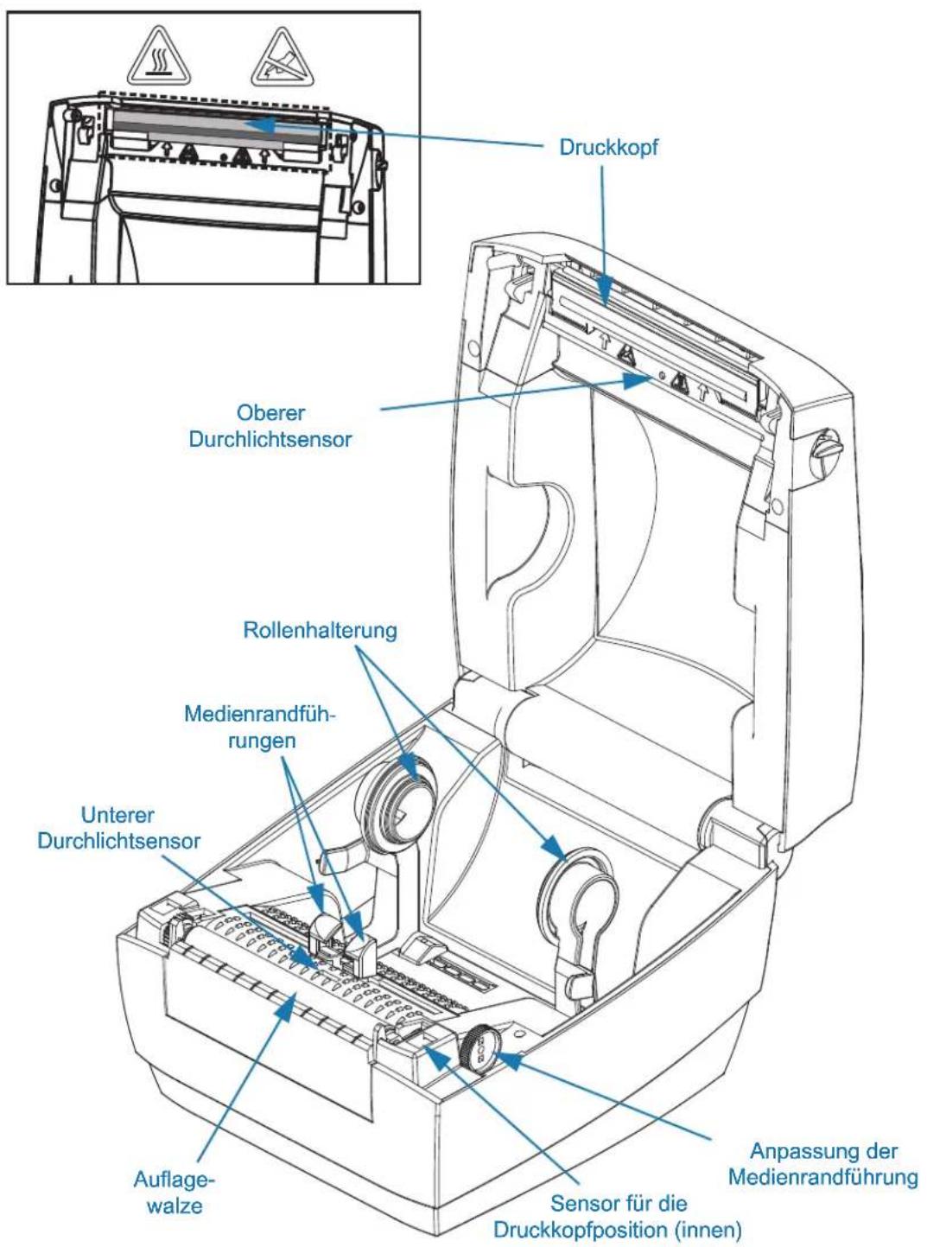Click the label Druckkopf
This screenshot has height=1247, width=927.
click(x=607, y=147)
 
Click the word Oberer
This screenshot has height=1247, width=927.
click(x=271, y=413)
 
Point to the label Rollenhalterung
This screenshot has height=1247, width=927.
click(x=320, y=630)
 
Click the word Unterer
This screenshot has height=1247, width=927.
click(x=117, y=815)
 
